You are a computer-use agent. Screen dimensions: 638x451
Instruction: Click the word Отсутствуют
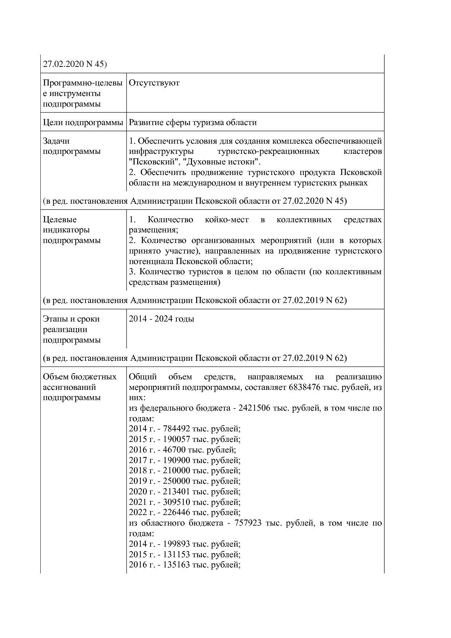tap(154, 83)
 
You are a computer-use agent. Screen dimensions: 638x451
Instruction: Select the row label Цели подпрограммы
tap(83, 123)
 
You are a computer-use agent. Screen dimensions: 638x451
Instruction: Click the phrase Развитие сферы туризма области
tap(193, 123)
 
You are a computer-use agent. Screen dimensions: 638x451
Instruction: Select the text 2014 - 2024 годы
tap(161, 319)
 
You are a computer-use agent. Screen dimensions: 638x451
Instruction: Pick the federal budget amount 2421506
tap(254, 408)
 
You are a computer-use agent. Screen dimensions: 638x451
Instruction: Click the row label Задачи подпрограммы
tap(72, 146)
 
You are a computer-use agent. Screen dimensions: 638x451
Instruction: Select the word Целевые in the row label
tap(60, 220)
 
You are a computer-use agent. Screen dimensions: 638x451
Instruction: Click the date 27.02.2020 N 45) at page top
tap(75, 64)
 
